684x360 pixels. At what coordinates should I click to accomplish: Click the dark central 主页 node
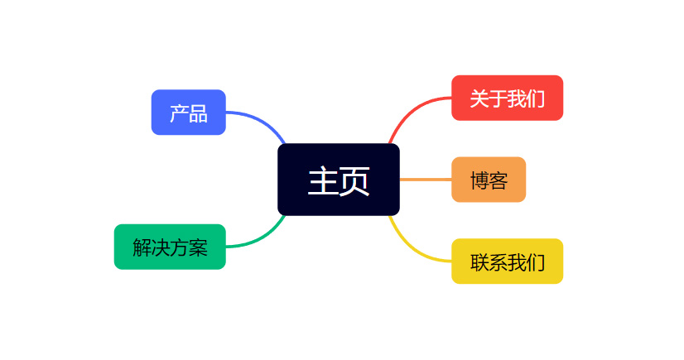[x=339, y=180]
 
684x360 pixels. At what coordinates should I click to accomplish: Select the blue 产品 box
[x=189, y=113]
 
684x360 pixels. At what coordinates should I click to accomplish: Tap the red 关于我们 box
[x=508, y=98]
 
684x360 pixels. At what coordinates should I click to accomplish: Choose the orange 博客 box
[x=489, y=180]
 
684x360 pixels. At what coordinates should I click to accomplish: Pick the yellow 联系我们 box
[x=508, y=262]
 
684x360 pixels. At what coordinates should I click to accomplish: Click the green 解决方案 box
[x=170, y=247]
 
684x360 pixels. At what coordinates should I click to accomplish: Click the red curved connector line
[x=410, y=112]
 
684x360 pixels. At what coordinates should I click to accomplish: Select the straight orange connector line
[x=426, y=180]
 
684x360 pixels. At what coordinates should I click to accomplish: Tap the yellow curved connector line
[x=410, y=248]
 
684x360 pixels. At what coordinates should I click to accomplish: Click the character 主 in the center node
[x=323, y=181]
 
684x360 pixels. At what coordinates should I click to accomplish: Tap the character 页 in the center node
[x=354, y=181]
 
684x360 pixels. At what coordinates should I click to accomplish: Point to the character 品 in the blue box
[x=198, y=113]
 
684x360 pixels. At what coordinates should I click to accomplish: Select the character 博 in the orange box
[x=479, y=180]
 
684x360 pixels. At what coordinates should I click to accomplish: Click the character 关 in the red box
[x=479, y=98]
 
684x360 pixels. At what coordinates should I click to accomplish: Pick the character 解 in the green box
[x=142, y=247]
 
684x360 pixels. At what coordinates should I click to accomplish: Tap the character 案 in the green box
[x=198, y=247]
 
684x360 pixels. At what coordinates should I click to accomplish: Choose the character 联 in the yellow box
[x=479, y=262]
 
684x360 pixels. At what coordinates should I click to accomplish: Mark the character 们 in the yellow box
[x=535, y=262]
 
